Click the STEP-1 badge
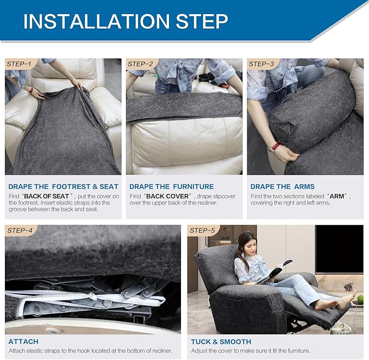tap(20, 64)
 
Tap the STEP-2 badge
tap(141, 64)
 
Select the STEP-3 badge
tap(262, 64)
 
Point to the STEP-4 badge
tap(21, 230)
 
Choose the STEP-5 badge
tap(203, 230)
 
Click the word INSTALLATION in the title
tap(97, 21)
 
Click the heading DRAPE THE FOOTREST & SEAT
tap(63, 187)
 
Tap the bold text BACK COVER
tap(167, 196)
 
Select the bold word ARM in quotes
tap(337, 196)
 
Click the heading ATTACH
tap(23, 342)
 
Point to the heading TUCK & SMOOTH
tap(221, 342)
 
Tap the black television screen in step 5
tap(339, 249)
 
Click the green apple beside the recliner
tap(360, 300)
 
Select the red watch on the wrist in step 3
tap(274, 147)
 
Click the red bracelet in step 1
tap(31, 90)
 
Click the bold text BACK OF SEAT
tap(46, 196)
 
